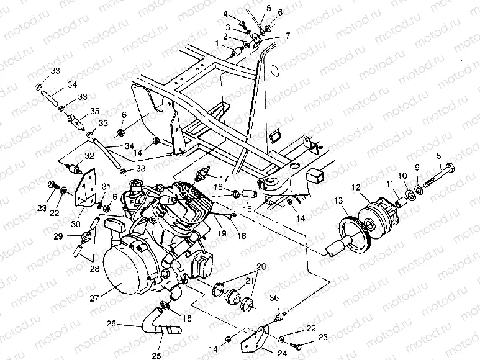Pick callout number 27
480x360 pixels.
[94, 297]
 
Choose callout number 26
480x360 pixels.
[111, 323]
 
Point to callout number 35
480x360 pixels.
[94, 112]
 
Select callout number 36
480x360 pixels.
[273, 298]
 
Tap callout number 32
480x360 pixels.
[89, 155]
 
